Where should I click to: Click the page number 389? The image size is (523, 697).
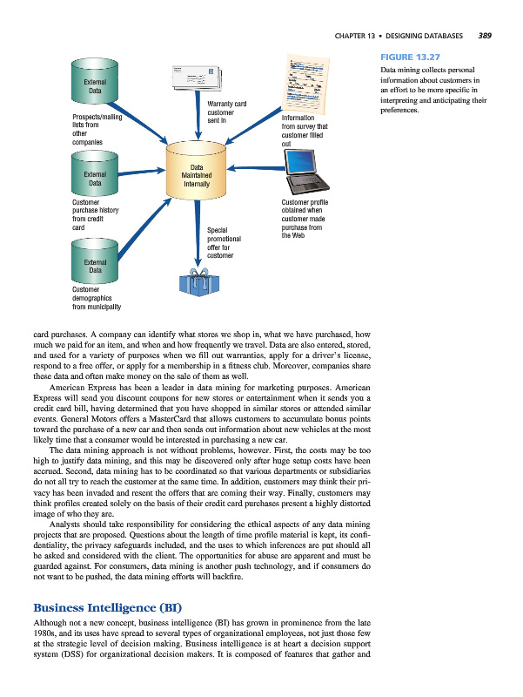(485, 36)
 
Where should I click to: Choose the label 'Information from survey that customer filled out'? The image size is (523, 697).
(304, 130)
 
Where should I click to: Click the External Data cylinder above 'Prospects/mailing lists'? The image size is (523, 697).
(96, 85)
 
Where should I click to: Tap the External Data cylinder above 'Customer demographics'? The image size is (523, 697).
(96, 261)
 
